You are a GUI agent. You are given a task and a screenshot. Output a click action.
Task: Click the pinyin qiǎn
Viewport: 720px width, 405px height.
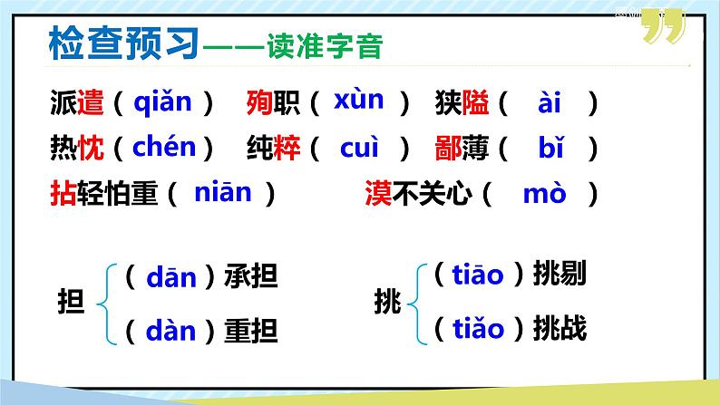(x=163, y=103)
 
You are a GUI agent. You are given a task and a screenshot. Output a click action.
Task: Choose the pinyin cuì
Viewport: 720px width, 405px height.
(x=359, y=147)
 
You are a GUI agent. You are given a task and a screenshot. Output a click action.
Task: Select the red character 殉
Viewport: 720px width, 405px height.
(x=259, y=104)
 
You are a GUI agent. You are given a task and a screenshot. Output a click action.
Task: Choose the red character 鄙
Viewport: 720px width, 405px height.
(x=449, y=148)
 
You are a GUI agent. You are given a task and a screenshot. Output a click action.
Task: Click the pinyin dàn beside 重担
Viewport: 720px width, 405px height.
(x=171, y=329)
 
